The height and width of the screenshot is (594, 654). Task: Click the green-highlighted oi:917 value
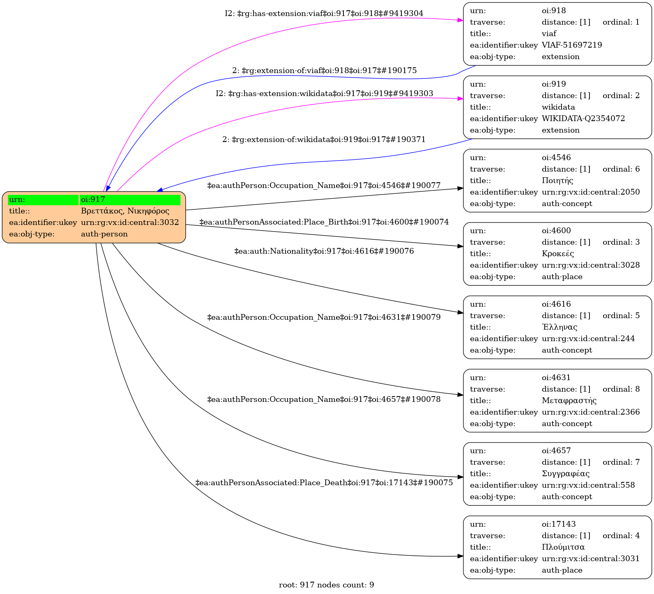click(x=93, y=200)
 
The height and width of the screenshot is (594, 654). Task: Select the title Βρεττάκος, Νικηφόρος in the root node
click(x=125, y=211)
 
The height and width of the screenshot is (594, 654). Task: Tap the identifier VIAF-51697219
click(x=572, y=45)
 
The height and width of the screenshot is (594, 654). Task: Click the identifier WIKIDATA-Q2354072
click(x=583, y=119)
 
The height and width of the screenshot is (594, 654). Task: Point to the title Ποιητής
click(x=557, y=181)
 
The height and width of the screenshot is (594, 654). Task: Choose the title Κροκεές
click(x=558, y=254)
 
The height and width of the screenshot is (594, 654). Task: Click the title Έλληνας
click(x=560, y=327)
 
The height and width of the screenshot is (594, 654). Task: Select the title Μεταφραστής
click(x=569, y=401)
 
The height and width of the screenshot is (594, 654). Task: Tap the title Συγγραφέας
click(x=566, y=474)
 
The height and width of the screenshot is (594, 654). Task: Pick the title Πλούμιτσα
click(x=563, y=547)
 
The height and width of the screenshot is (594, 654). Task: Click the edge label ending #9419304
click(x=324, y=14)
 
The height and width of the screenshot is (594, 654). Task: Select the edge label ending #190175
click(x=325, y=71)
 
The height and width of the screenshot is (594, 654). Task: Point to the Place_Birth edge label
click(x=324, y=222)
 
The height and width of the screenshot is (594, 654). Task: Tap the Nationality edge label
click(x=324, y=251)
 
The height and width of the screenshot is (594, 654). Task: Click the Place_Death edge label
click(x=324, y=483)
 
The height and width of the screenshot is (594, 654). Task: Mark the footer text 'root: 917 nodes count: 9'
click(x=327, y=585)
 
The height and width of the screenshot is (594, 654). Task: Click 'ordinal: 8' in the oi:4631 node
click(x=621, y=389)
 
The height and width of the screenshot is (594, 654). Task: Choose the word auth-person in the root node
click(x=104, y=234)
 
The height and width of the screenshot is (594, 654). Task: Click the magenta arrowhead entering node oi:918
click(x=461, y=20)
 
